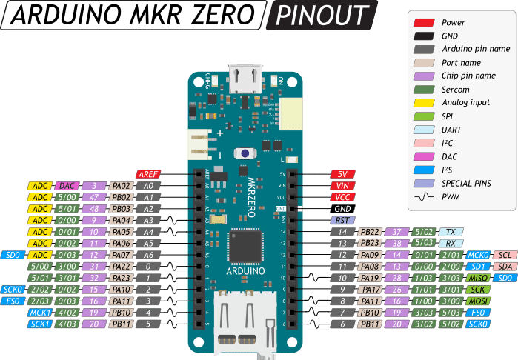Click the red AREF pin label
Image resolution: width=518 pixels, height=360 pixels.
coord(148,173)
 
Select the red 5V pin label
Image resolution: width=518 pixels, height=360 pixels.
coord(343,173)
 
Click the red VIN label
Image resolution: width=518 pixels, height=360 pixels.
coord(343,185)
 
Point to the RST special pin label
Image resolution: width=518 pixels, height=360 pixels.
coord(343,220)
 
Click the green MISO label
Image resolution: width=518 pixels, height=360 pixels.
coord(478,277)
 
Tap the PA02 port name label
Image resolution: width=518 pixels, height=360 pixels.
coord(122,186)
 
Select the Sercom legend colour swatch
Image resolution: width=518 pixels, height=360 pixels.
coord(425,90)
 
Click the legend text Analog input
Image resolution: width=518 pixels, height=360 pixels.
coord(464,103)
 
